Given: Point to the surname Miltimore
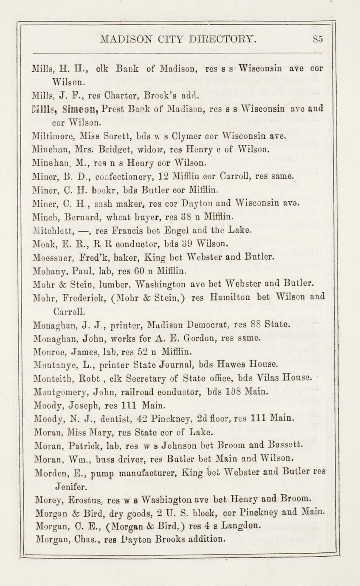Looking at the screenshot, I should tap(52, 137).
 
